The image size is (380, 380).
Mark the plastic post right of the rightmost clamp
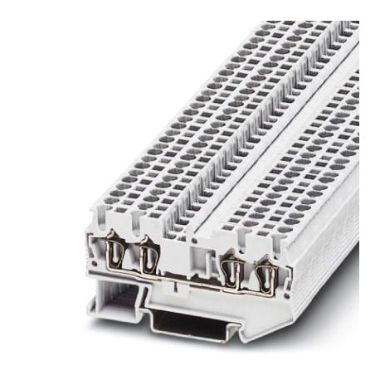tap(280, 249)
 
